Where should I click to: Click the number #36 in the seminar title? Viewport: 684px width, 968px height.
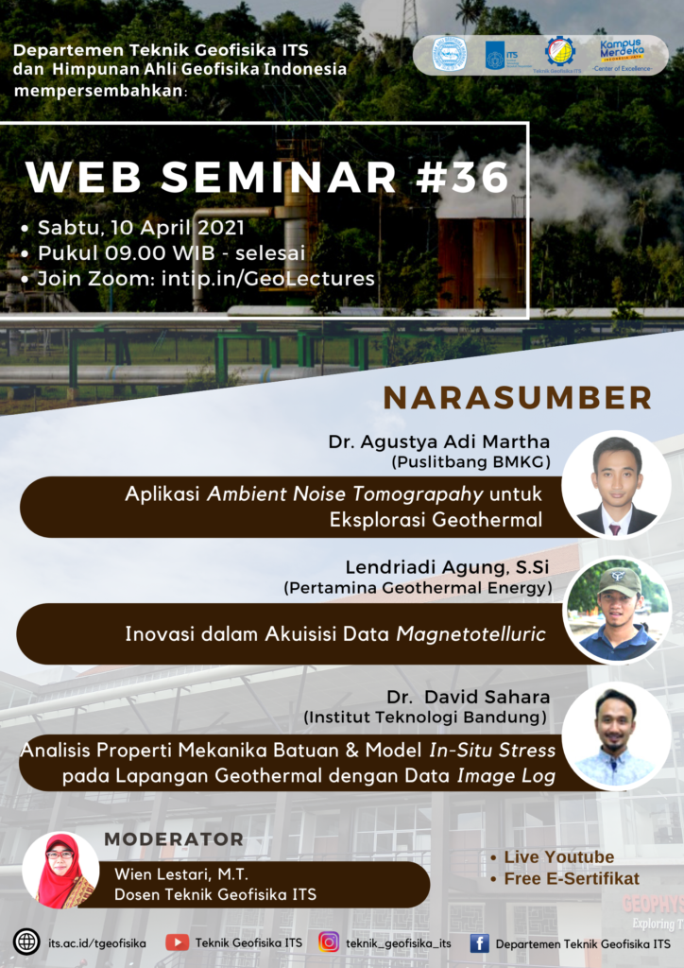coord(469,177)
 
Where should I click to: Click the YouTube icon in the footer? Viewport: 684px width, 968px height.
coord(177,942)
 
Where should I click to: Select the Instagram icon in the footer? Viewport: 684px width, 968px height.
coord(329,942)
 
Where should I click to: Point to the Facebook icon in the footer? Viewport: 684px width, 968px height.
coord(479,942)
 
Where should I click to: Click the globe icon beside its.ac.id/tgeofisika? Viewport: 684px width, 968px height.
coord(26,942)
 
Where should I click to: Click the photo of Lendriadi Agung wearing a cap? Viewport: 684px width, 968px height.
coord(618,610)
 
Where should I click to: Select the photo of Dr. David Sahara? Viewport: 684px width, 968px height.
coord(616,736)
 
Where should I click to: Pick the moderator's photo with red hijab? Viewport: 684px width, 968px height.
coord(60,871)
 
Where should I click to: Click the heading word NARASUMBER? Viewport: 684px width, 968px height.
coord(517,398)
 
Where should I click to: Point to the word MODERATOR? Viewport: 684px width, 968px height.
coord(174,838)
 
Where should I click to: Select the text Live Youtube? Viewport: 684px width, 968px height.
coord(558,857)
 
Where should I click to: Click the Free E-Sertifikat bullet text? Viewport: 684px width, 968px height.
coord(571,878)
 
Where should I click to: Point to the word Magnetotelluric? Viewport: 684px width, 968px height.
coord(470,634)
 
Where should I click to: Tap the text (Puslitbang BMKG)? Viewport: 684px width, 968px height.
coord(470,463)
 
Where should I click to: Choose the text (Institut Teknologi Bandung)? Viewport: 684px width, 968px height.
coord(425,718)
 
